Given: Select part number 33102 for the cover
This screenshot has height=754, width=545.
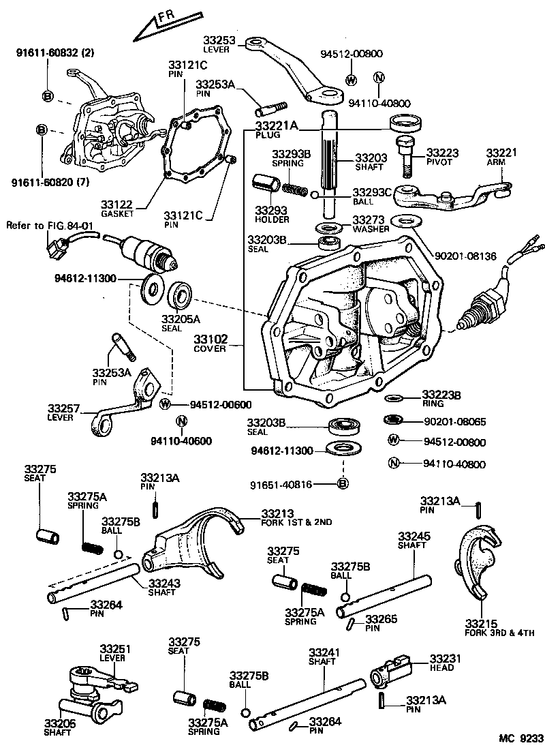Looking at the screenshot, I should (208, 339).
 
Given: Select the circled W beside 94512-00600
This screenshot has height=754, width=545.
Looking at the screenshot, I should (165, 404).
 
